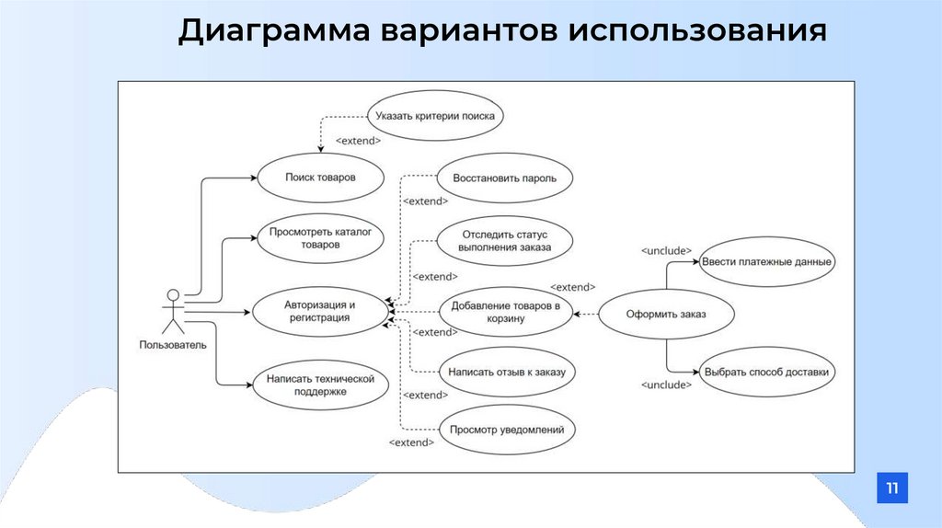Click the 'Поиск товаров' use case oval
319,178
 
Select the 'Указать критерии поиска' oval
435,117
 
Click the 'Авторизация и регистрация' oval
319,311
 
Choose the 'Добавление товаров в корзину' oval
506,312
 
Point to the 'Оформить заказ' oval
666,315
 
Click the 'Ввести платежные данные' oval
766,262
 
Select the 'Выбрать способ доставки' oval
766,373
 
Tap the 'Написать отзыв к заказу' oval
507,373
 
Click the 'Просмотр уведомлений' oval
507,429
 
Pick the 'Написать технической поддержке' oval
319,385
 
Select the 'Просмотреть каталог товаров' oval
319,239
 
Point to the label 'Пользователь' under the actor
173,345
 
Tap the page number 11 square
891,488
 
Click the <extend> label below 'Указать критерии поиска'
358,141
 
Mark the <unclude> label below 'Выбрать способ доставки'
665,385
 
